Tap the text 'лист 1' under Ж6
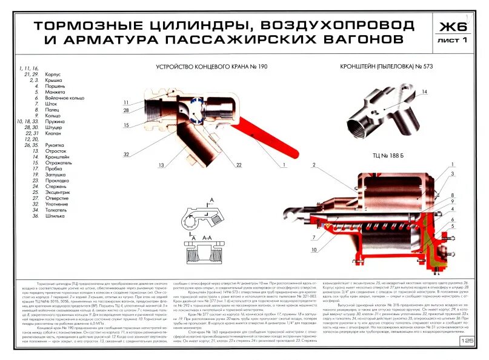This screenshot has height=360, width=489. [x=453, y=41]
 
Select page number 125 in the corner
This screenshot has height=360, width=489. [x=467, y=341]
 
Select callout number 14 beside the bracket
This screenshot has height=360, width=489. [x=424, y=92]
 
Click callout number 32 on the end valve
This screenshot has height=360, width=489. [x=127, y=155]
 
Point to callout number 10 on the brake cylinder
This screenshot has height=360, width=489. [x=314, y=250]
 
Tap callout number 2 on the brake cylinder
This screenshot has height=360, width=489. [x=314, y=165]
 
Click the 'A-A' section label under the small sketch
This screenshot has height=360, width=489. [x=207, y=238]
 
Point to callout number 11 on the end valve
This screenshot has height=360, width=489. [x=126, y=102]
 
